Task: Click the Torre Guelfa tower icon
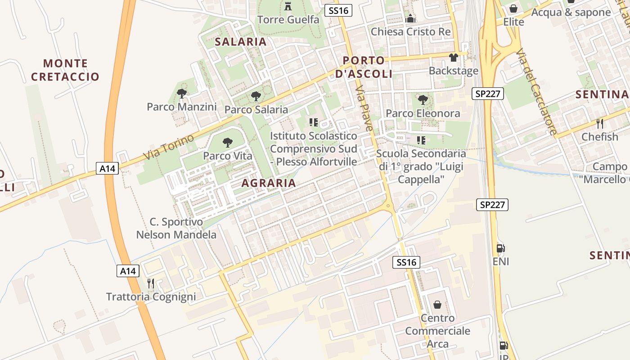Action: pyautogui.click(x=288, y=6)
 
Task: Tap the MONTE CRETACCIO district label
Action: pyautogui.click(x=65, y=70)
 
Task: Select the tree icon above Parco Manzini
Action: pyautogui.click(x=182, y=94)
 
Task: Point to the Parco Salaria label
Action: pyautogui.click(x=256, y=109)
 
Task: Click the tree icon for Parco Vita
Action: pyautogui.click(x=228, y=143)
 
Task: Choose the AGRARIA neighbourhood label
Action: pyautogui.click(x=269, y=183)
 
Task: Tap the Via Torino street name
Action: pyautogui.click(x=169, y=147)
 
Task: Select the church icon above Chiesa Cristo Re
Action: pyautogui.click(x=410, y=19)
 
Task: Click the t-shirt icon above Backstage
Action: pyautogui.click(x=453, y=58)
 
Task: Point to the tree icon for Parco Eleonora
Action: pyautogui.click(x=423, y=100)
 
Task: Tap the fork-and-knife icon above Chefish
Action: pyautogui.click(x=599, y=123)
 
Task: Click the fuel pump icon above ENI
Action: pyautogui.click(x=500, y=248)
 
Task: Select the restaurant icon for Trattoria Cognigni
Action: pyautogui.click(x=151, y=283)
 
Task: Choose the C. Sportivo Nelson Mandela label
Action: pyautogui.click(x=176, y=228)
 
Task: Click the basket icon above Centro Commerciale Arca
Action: pyautogui.click(x=437, y=305)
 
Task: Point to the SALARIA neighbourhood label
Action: pyautogui.click(x=241, y=42)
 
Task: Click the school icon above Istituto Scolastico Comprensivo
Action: pyautogui.click(x=314, y=122)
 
